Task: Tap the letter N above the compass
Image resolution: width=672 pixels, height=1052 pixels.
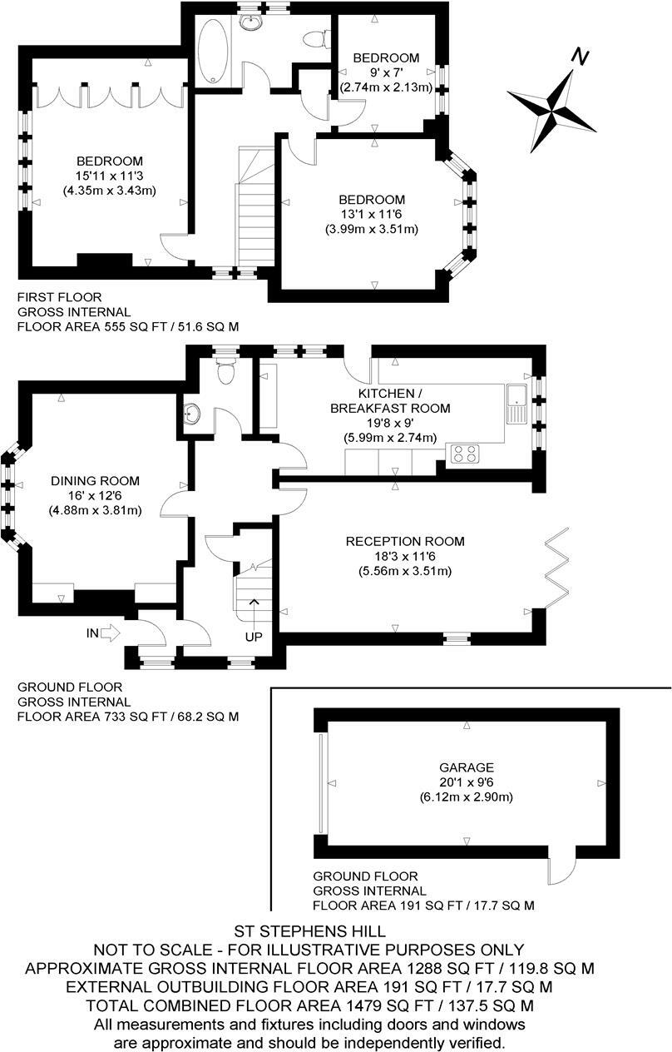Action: pos(581,57)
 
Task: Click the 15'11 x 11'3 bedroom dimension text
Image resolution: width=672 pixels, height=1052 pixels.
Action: pos(110,176)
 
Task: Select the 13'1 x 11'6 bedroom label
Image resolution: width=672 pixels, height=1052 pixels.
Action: pos(372,214)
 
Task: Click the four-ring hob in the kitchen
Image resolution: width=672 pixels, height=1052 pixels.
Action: pos(463,454)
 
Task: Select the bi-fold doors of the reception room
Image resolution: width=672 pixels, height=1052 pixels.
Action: pos(555,566)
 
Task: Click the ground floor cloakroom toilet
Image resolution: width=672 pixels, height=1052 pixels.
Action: pos(225,373)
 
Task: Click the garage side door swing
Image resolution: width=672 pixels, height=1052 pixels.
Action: pos(562,871)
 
